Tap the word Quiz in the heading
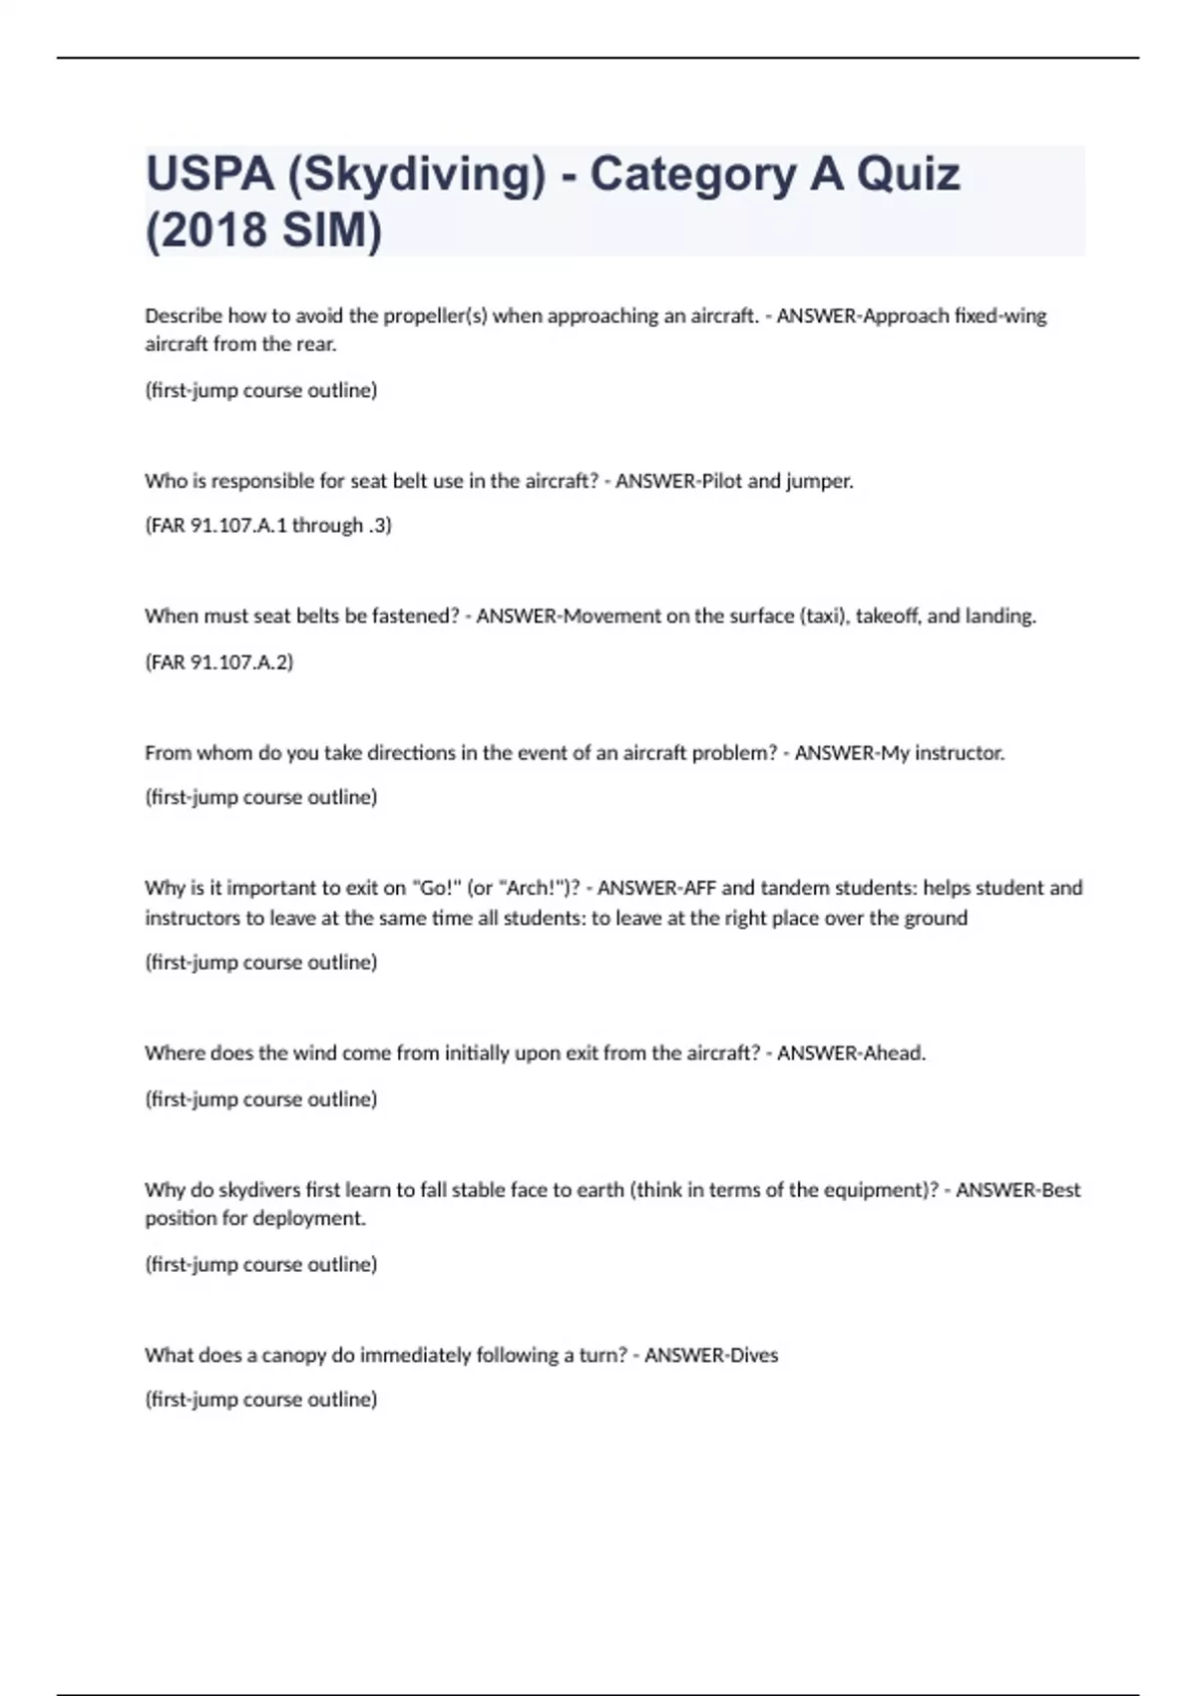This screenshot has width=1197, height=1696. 908,175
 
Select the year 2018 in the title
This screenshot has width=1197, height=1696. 211,230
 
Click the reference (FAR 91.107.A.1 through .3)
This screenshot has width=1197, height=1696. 268,526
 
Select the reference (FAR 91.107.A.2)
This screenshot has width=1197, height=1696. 219,661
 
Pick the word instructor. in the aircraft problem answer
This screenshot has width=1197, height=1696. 959,753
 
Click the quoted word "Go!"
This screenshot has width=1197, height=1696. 435,888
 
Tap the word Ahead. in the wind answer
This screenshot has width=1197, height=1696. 895,1054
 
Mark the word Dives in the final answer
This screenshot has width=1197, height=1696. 754,1355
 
